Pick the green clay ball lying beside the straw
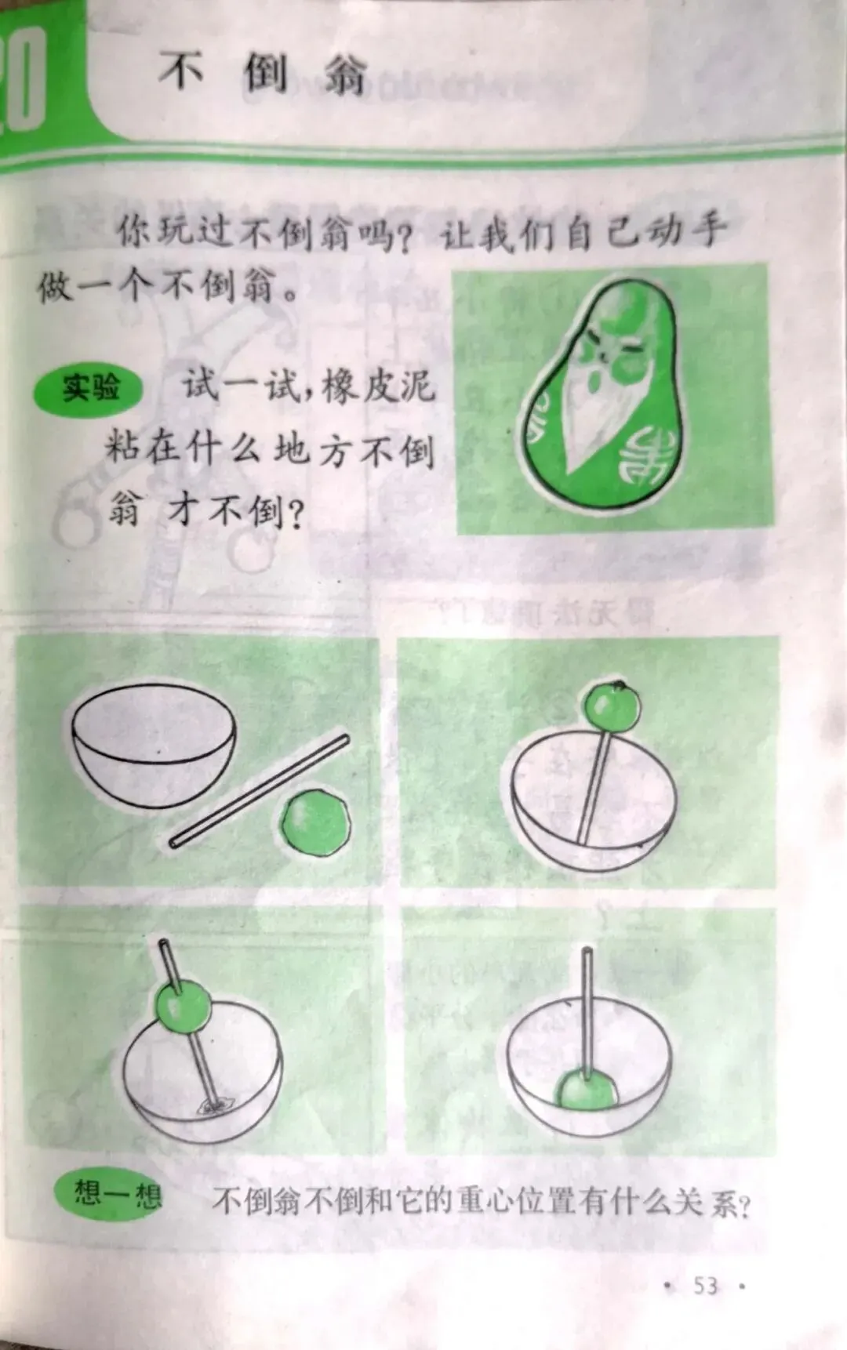coord(315,823)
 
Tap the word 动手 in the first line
coord(686,231)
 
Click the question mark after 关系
coord(743,1205)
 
